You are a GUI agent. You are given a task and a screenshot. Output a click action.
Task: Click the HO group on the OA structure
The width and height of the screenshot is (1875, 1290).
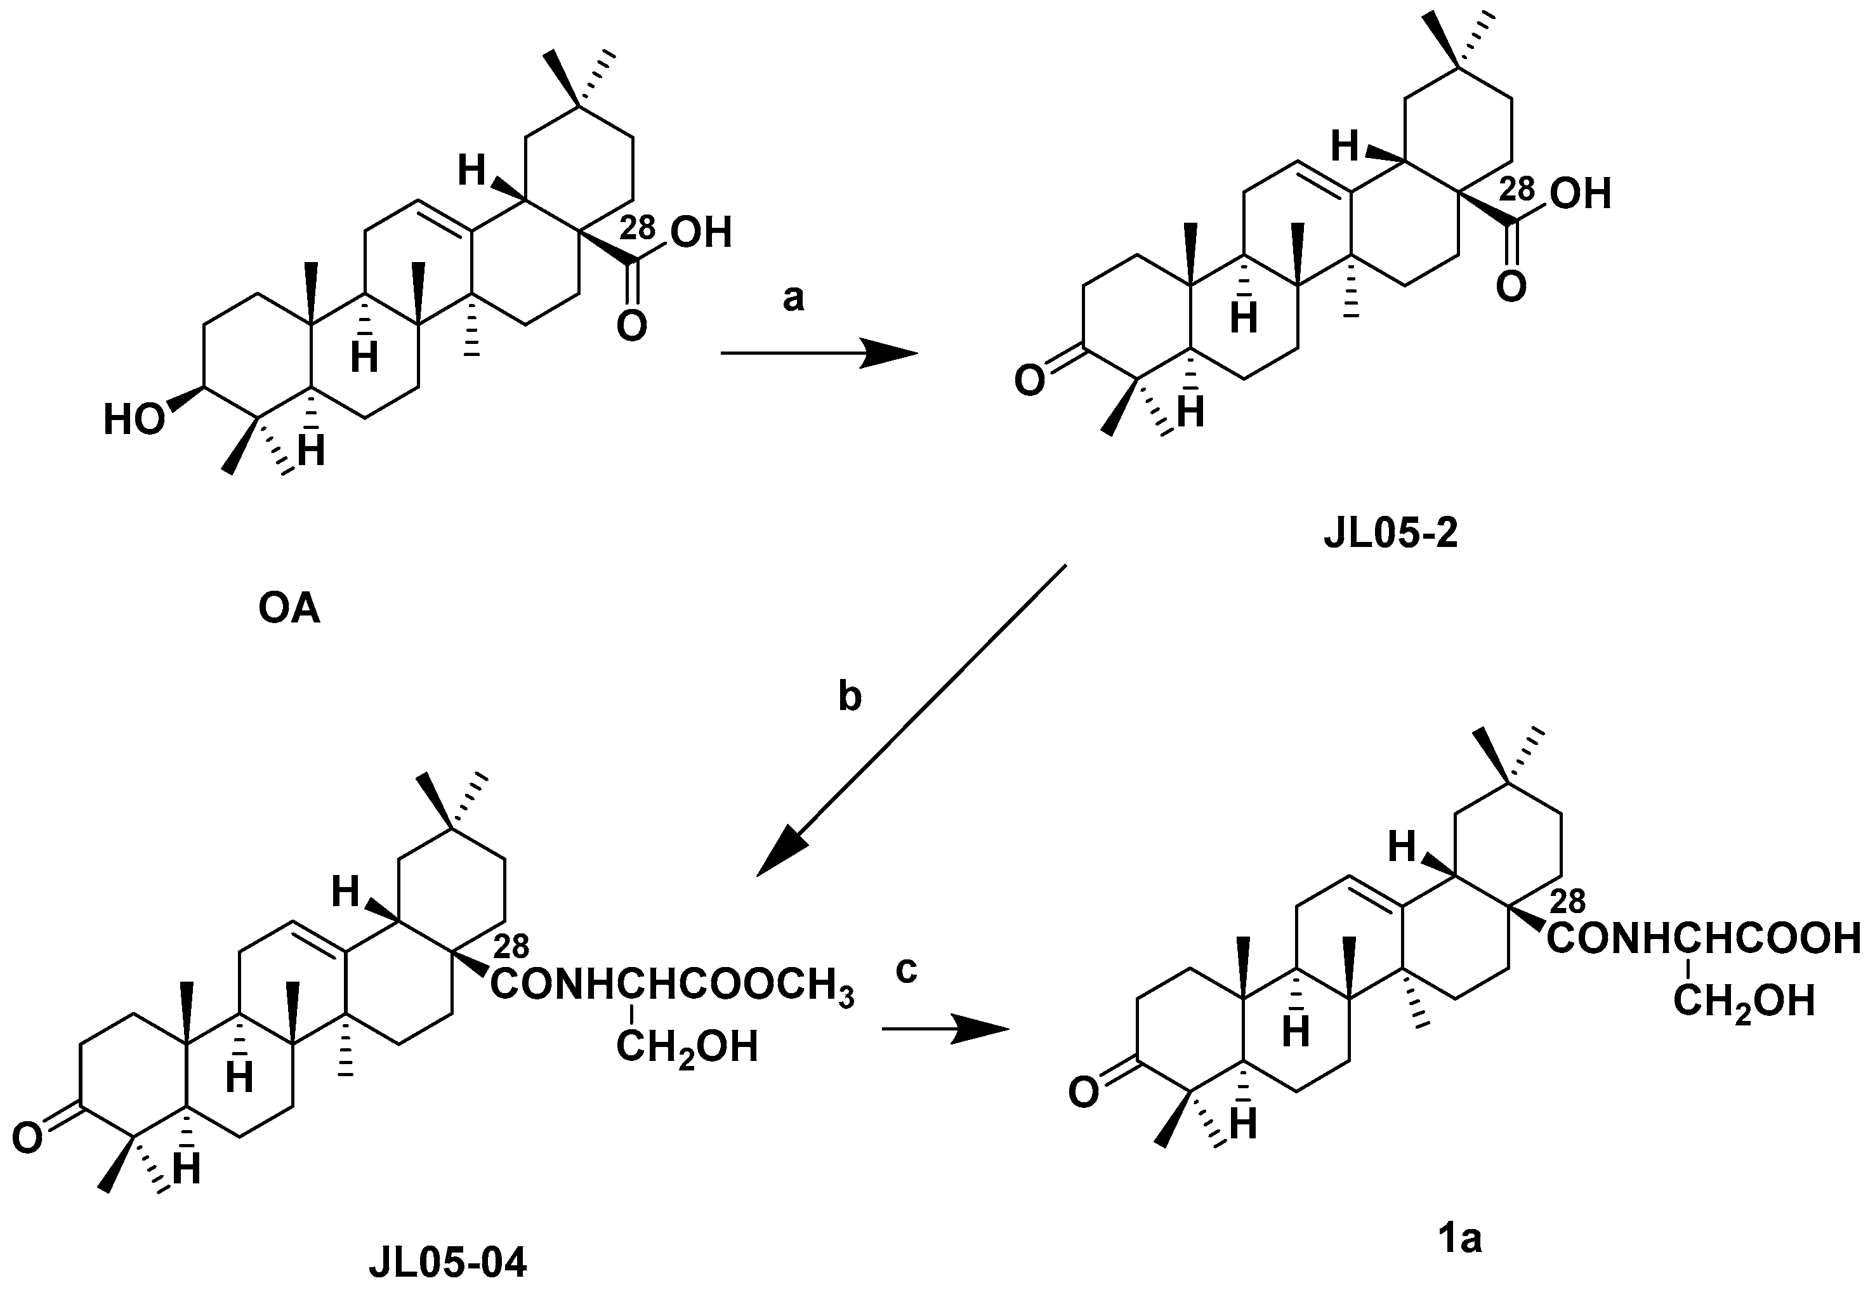click(x=134, y=420)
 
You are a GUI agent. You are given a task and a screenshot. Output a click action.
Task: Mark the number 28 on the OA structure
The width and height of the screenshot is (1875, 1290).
click(x=638, y=228)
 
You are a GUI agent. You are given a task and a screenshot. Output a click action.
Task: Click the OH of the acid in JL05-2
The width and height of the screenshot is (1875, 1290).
click(x=1581, y=194)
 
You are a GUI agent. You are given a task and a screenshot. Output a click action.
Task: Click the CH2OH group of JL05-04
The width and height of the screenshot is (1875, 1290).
click(x=687, y=1048)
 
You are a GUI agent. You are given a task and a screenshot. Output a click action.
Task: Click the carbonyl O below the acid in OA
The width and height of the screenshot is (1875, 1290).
click(x=631, y=327)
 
